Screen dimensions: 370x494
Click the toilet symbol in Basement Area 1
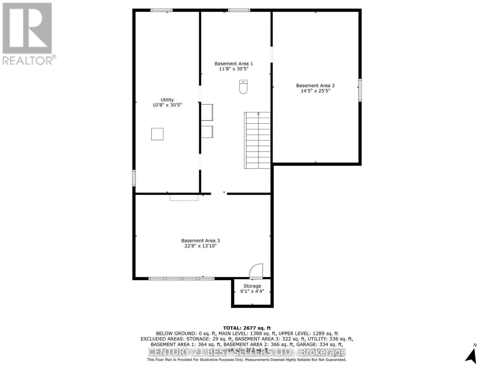[x=243, y=87]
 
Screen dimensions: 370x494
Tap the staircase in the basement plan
[x=257, y=140]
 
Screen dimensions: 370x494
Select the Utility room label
[x=167, y=100]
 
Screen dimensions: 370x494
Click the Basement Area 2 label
[x=315, y=86]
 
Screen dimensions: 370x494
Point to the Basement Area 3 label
[x=200, y=240]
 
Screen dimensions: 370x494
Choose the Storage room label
[x=252, y=286]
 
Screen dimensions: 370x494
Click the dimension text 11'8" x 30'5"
[x=234, y=69]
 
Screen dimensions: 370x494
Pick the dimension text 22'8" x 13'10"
[x=199, y=246]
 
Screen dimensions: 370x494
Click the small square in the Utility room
[x=157, y=134]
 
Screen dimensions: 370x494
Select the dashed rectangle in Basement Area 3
[x=184, y=197]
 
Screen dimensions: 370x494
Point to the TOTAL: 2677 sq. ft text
[x=247, y=328]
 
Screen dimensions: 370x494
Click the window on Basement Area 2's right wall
[x=360, y=90]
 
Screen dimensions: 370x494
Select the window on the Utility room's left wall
[x=134, y=178]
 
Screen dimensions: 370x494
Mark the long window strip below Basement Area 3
[x=181, y=278]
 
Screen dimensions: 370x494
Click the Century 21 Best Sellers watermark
[x=247, y=352]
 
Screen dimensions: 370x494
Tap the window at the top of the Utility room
[x=161, y=10]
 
